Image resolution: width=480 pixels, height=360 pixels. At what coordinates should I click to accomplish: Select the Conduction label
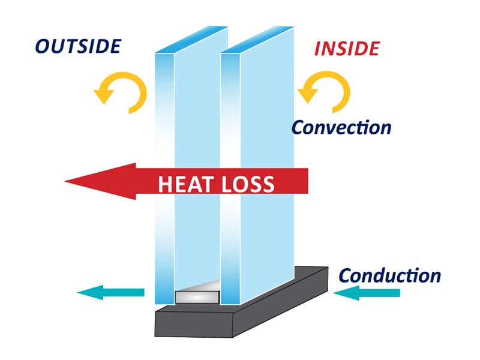point(390,276)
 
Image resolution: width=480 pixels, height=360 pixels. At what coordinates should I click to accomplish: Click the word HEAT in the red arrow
point(186,184)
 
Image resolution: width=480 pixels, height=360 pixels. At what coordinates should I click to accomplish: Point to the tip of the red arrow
point(66,179)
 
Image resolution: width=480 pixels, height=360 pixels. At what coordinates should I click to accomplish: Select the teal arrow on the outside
point(111,292)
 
